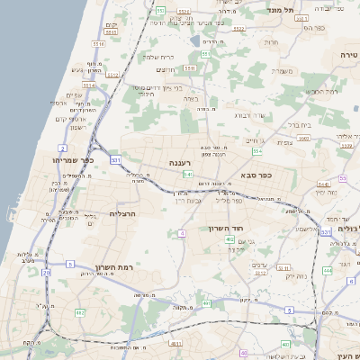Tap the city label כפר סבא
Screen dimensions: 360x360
coord(256,176)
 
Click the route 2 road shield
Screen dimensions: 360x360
coord(62,148)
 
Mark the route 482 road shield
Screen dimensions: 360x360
coord(79,312)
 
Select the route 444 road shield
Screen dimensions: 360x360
coord(328,269)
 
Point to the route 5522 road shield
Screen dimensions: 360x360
coord(238,28)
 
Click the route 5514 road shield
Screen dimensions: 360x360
coord(99,42)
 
